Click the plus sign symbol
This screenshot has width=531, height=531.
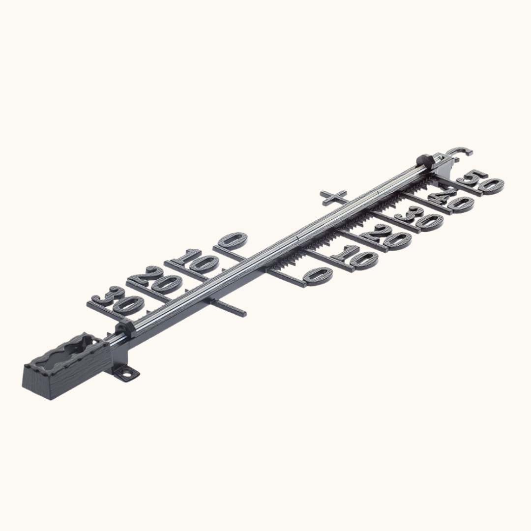(x=333, y=198)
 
